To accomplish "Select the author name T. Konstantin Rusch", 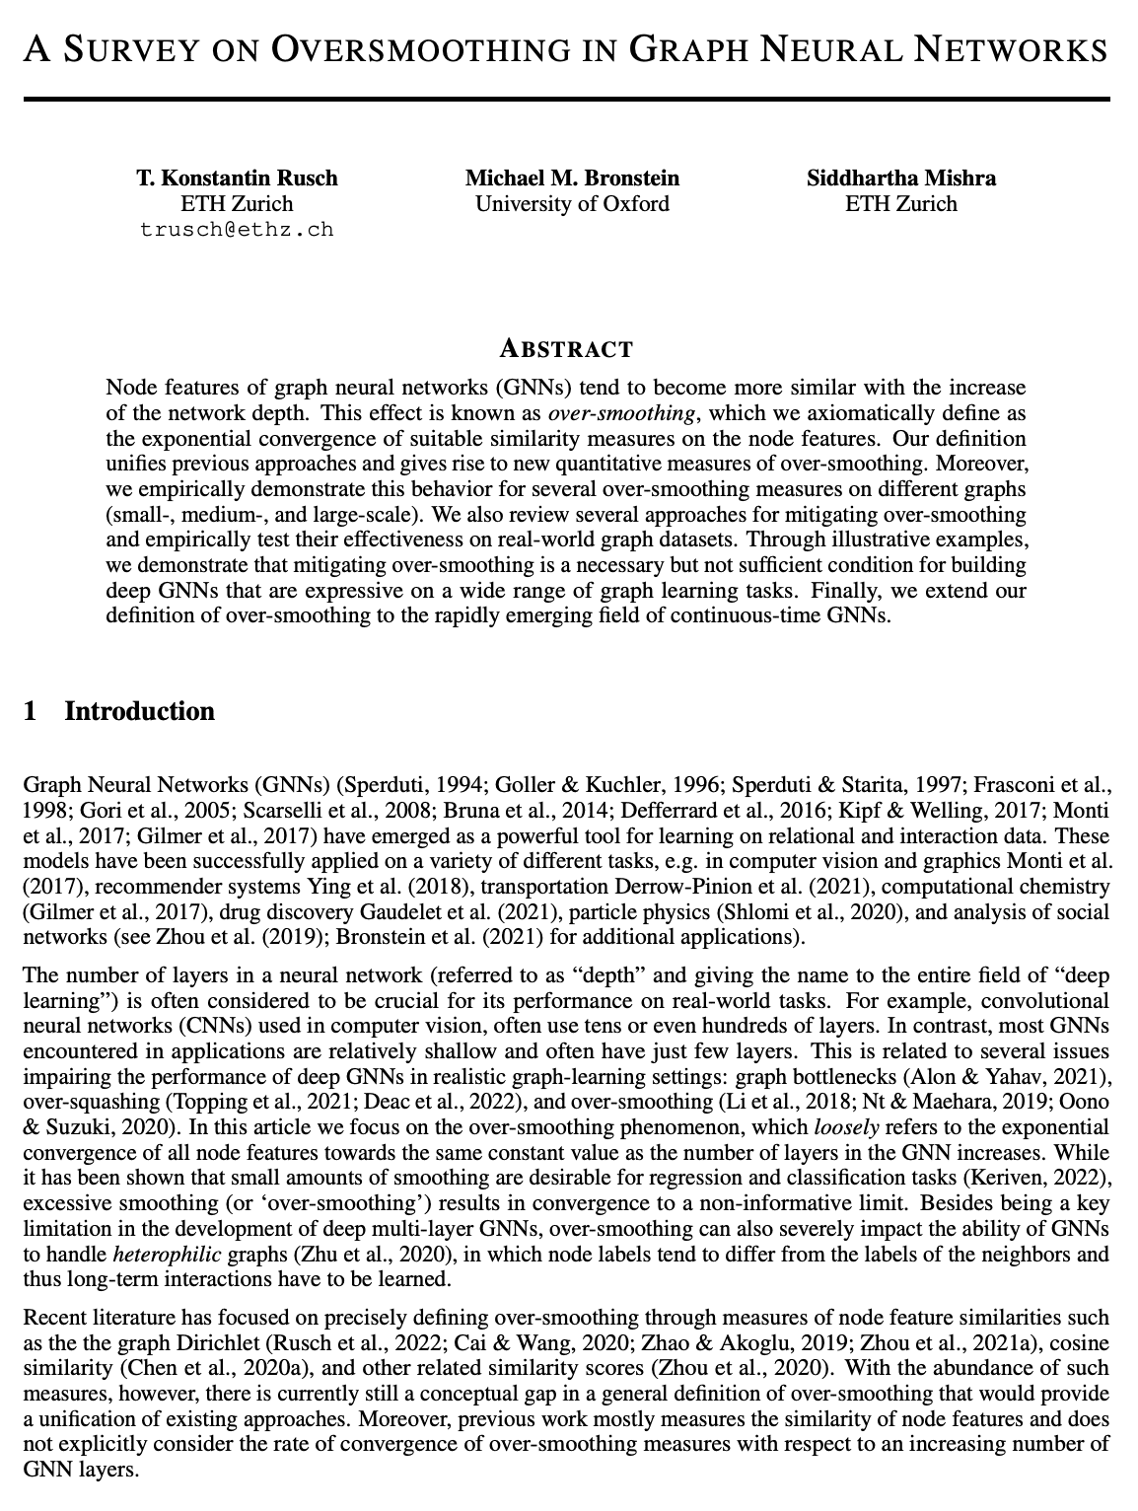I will pos(237,179).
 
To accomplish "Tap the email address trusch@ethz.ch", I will pos(237,230).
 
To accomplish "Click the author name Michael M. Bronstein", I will pos(572,179).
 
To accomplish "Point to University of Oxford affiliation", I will pos(572,204).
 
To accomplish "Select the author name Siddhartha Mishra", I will pos(901,179).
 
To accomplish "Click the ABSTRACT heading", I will pos(567,349).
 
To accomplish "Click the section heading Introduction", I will pos(139,711).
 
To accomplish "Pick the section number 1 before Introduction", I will pos(31,711).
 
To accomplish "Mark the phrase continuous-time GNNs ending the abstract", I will pos(779,617).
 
